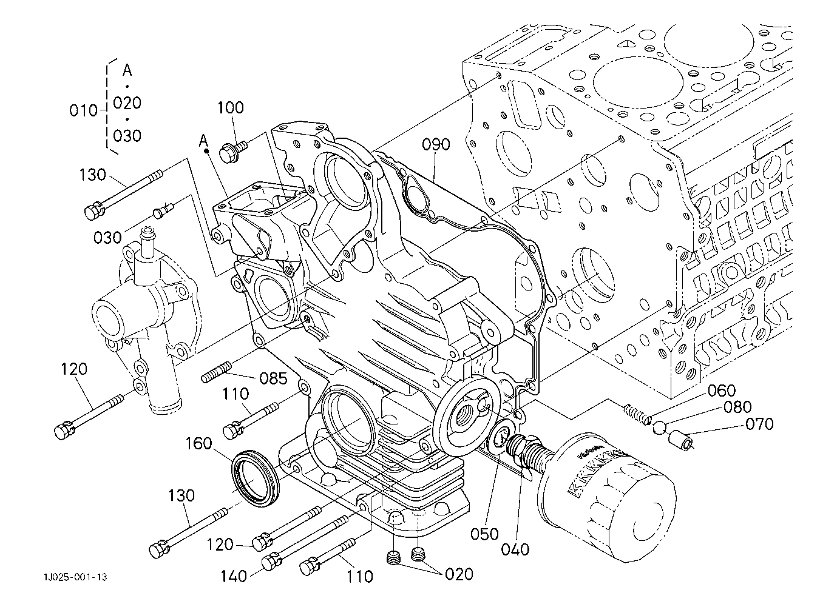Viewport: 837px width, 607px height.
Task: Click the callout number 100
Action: (x=231, y=108)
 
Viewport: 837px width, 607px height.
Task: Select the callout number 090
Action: (x=436, y=145)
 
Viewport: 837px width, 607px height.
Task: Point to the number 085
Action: (x=273, y=379)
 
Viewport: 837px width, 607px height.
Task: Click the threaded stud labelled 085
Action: (x=217, y=372)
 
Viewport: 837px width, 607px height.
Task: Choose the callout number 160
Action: (x=198, y=444)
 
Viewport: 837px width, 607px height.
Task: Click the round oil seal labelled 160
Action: (x=255, y=473)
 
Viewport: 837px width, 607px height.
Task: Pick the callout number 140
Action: (x=234, y=575)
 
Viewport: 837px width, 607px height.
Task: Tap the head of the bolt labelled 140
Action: (x=269, y=563)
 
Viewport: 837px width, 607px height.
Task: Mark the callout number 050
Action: (x=485, y=534)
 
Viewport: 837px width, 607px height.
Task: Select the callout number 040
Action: (x=516, y=549)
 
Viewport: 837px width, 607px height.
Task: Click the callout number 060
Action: (x=721, y=391)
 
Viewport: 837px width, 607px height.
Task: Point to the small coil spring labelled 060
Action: (x=637, y=414)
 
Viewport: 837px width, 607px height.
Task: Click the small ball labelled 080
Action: (x=660, y=428)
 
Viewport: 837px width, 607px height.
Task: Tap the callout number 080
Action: (x=737, y=407)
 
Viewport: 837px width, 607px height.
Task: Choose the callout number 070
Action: (x=759, y=423)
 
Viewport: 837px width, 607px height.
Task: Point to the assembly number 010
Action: (x=84, y=110)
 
